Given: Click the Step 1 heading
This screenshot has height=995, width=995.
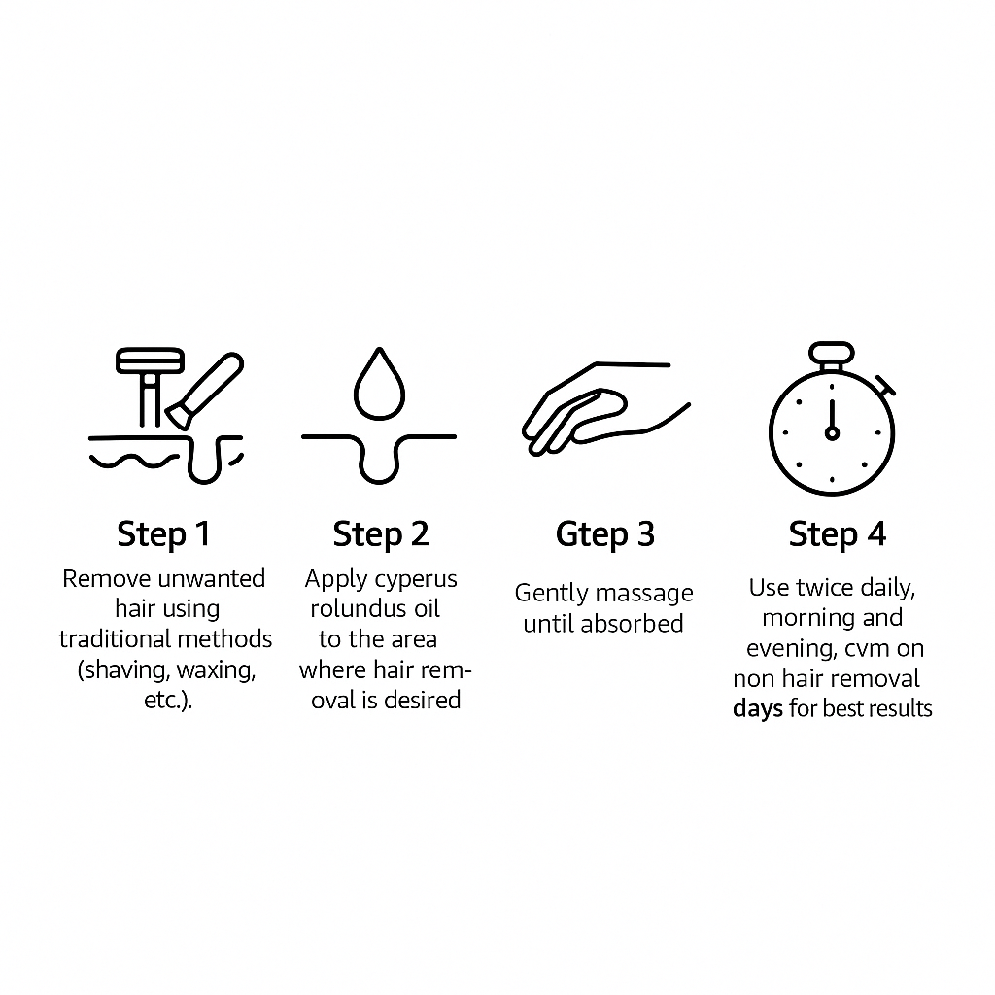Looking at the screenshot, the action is [163, 534].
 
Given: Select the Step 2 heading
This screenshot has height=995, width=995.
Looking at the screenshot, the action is [381, 534].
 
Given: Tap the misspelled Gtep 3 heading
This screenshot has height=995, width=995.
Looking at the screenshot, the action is [604, 534].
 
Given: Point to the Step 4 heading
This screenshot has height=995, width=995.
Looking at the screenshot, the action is [837, 534].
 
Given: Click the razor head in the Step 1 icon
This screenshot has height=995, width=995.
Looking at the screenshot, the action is [150, 360].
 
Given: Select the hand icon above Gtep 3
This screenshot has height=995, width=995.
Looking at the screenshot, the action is [605, 409].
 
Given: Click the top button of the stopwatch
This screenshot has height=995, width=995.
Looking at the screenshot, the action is [832, 353].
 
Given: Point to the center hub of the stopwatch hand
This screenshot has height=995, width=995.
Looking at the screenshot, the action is [832, 433].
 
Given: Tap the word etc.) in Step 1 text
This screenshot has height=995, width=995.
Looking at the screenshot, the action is [168, 700].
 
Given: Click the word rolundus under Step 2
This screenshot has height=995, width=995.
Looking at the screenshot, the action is [359, 608].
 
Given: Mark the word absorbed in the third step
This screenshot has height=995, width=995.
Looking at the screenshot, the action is [632, 624].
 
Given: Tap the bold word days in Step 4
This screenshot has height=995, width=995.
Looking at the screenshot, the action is [758, 708].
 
